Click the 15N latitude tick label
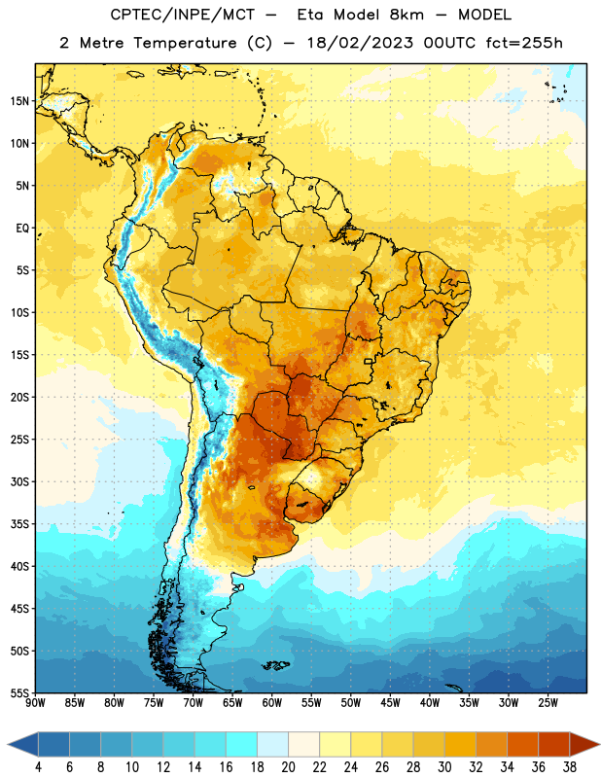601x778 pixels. (x=19, y=101)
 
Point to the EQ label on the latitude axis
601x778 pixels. (x=22, y=229)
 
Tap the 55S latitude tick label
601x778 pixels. (x=19, y=692)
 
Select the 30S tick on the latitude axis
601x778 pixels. (x=19, y=481)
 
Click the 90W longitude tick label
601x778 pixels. (x=35, y=703)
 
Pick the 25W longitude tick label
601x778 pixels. (x=548, y=703)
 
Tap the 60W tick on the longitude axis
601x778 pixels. (x=272, y=703)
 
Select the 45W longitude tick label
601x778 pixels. (x=391, y=703)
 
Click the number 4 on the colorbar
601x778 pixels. (x=38, y=767)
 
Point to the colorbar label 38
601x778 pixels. (x=569, y=767)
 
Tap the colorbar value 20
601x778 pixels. (x=288, y=767)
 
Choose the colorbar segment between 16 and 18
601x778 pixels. (x=242, y=745)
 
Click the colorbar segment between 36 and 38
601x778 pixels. (x=554, y=745)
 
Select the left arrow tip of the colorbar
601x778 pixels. (x=8, y=745)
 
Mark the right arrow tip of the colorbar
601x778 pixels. (x=599, y=745)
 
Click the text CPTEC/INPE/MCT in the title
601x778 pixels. (x=183, y=15)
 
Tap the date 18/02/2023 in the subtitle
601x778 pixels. (x=360, y=43)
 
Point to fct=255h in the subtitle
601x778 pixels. (x=524, y=43)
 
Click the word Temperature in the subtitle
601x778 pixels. (x=185, y=43)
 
